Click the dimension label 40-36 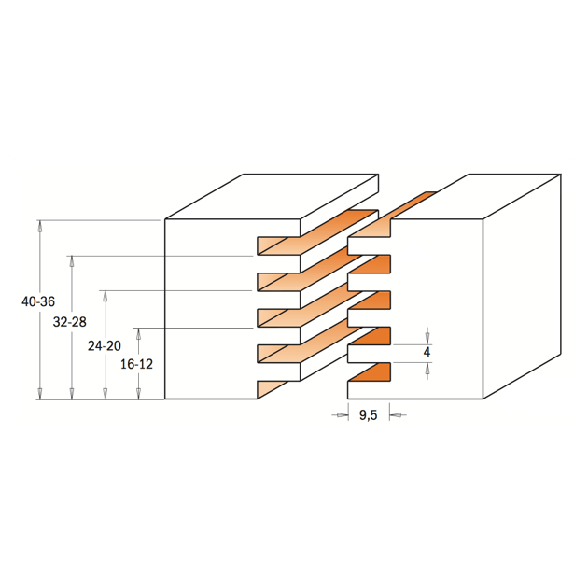38,301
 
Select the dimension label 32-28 70,322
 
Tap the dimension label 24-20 105,345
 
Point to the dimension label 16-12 136,364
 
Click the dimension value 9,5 369,415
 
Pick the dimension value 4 427,352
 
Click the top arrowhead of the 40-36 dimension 39,226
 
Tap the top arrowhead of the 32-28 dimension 72,262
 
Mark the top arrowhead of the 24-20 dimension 105,297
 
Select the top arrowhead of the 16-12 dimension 138,334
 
